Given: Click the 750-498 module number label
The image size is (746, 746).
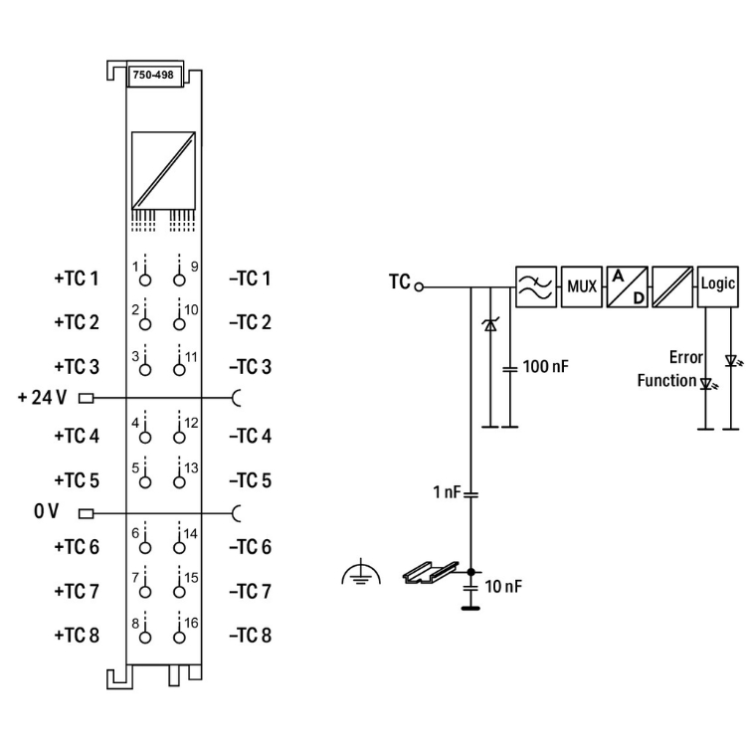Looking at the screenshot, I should [152, 76].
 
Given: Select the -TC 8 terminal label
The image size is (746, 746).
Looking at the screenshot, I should [250, 635].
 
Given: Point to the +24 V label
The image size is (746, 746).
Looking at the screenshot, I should [42, 398].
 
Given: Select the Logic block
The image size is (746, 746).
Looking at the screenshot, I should [718, 283].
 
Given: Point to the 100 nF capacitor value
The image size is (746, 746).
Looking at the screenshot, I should [546, 367].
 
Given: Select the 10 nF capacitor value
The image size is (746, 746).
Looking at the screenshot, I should [503, 586].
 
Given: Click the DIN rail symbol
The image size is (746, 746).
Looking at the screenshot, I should [432, 574].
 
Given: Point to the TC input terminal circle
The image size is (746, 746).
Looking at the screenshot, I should [420, 286].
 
